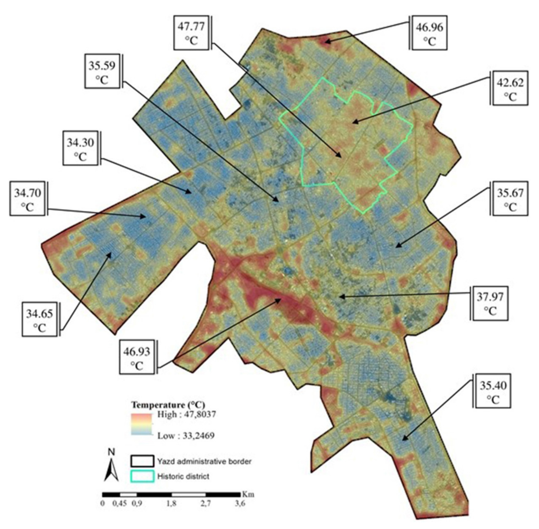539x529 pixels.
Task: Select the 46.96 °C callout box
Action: tap(430, 33)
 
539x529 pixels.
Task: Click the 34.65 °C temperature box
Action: tap(40, 320)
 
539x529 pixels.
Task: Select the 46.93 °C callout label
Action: tap(137, 357)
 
